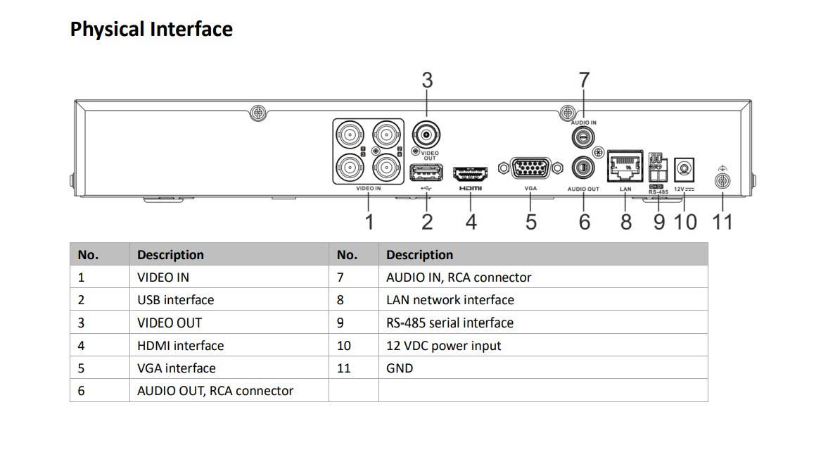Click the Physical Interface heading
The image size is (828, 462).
pyautogui.click(x=151, y=30)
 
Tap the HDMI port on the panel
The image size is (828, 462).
pyautogui.click(x=471, y=173)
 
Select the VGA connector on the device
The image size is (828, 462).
pyautogui.click(x=530, y=169)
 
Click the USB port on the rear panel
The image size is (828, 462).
pyautogui.click(x=426, y=173)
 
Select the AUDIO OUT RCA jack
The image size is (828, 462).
pyautogui.click(x=582, y=168)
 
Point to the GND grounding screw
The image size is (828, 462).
pyautogui.click(x=722, y=180)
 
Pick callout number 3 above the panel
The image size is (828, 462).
pyautogui.click(x=427, y=80)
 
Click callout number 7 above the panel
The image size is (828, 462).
pyautogui.click(x=583, y=80)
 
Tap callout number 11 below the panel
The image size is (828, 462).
pyautogui.click(x=722, y=222)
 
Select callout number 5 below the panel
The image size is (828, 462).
pyautogui.click(x=531, y=222)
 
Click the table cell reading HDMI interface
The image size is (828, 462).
pyautogui.click(x=180, y=345)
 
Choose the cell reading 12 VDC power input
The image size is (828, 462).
pyautogui.click(x=443, y=345)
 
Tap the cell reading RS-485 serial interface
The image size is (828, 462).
pyautogui.click(x=450, y=323)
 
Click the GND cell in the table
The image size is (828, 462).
pyautogui.click(x=400, y=368)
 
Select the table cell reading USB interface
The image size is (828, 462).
pyautogui.click(x=175, y=300)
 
